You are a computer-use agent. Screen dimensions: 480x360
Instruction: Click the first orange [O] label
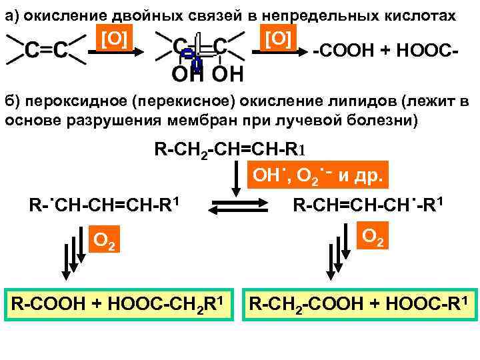pyautogui.click(x=114, y=40)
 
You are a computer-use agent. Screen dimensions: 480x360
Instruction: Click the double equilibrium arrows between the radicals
pyautogui.click(x=237, y=205)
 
